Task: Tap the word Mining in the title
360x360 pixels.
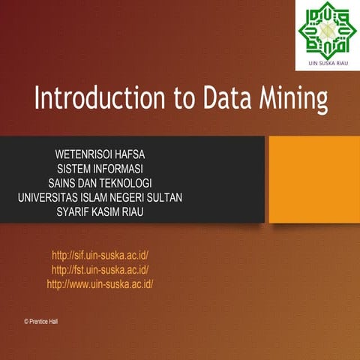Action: point(289,100)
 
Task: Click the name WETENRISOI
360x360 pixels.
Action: point(79,154)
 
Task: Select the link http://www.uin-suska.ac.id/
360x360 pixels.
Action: point(100,284)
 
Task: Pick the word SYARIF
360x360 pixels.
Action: point(76,211)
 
